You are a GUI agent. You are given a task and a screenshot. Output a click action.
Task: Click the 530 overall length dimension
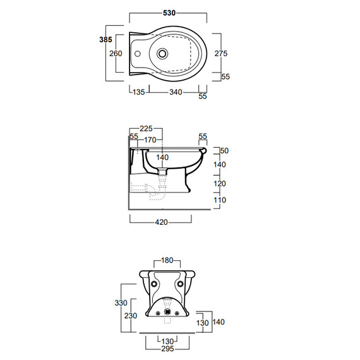click(x=169, y=13)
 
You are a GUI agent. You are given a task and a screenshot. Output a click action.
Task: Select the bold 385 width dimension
click(x=105, y=40)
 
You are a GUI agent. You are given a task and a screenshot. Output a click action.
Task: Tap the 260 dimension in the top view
click(x=116, y=54)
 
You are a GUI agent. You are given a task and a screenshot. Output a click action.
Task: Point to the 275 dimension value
click(x=221, y=53)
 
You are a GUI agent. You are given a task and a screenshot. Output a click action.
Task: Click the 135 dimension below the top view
click(x=139, y=92)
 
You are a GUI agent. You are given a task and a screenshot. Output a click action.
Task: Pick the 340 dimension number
click(x=176, y=92)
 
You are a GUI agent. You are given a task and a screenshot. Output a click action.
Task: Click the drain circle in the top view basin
click(x=162, y=54)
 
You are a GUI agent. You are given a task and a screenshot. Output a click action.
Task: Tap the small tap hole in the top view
click(x=137, y=54)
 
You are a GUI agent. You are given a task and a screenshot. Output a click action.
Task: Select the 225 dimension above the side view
click(x=146, y=129)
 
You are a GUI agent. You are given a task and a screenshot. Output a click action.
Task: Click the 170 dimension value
click(x=150, y=140)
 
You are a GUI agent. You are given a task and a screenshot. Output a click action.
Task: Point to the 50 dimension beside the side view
click(x=224, y=150)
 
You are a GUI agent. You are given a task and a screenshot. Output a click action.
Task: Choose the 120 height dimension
click(x=220, y=183)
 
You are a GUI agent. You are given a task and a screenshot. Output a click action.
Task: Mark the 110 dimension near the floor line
click(x=220, y=200)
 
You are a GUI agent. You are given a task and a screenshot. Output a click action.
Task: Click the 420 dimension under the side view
click(x=162, y=222)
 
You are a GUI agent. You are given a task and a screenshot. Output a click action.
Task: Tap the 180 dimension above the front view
click(x=167, y=260)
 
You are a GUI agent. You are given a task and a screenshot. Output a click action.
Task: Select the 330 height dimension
click(x=121, y=303)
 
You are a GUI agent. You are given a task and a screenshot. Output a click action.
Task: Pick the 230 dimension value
click(x=131, y=316)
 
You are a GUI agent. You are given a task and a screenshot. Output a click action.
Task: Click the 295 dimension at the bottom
click(x=167, y=349)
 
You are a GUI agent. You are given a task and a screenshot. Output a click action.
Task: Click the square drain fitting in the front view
click(x=167, y=312)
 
